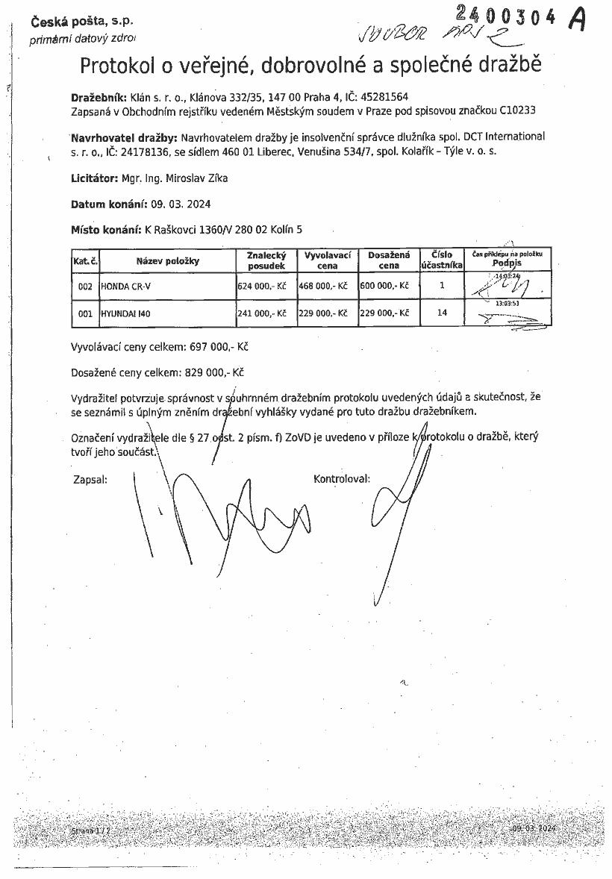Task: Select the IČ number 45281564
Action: [x=383, y=97]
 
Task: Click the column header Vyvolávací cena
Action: [x=328, y=260]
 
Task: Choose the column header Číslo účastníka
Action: [x=442, y=260]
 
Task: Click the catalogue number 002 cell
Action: [x=85, y=286]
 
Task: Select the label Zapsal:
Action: [x=90, y=479]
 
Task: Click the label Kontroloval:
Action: [x=342, y=479]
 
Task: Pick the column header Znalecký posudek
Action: [x=266, y=260]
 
